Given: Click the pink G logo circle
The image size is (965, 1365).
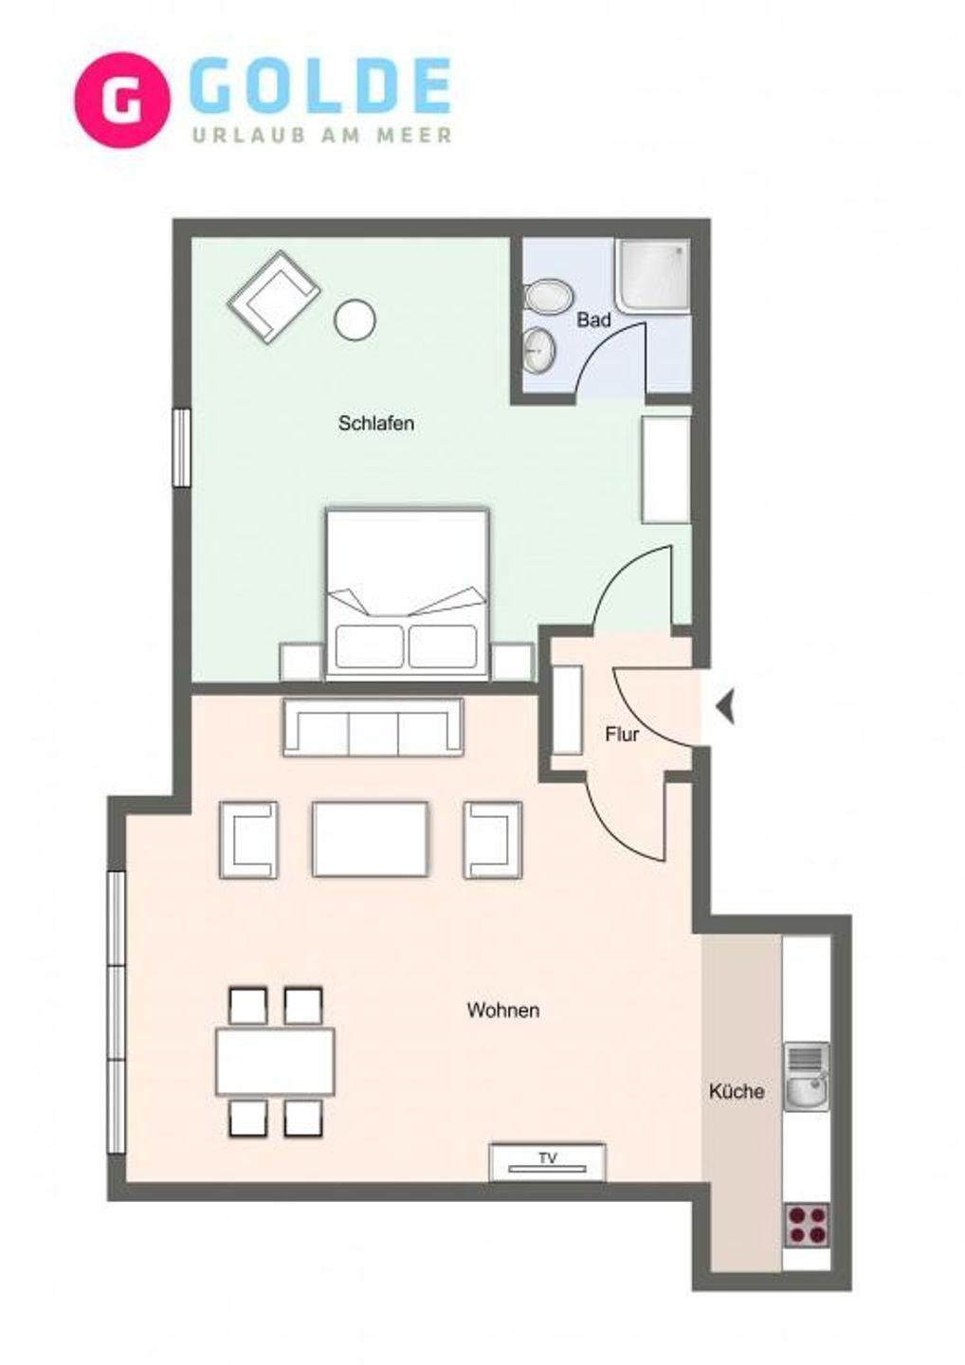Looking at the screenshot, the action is (122, 100).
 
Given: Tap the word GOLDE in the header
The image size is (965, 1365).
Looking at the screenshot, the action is (324, 86).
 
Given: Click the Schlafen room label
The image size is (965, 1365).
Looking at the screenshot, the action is (376, 424).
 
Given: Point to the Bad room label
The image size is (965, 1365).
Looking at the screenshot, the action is (594, 320).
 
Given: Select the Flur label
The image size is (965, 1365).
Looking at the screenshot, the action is (622, 735).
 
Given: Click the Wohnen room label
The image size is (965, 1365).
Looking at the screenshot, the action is (503, 1010).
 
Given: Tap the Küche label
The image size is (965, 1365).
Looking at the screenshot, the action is (737, 1091).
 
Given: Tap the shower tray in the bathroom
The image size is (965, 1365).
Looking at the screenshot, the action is (653, 276).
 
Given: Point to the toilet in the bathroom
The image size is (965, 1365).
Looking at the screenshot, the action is (549, 299).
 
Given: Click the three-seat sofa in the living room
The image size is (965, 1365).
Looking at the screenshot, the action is (373, 728).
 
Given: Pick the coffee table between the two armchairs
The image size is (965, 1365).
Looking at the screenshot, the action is (370, 839).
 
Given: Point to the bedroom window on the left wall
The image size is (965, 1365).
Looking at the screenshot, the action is (182, 447).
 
